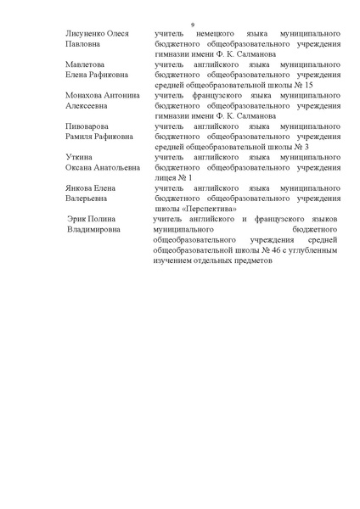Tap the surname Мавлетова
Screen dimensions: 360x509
[x=83, y=64]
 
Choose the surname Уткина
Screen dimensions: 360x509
[x=78, y=157]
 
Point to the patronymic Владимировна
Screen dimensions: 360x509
[x=101, y=230]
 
